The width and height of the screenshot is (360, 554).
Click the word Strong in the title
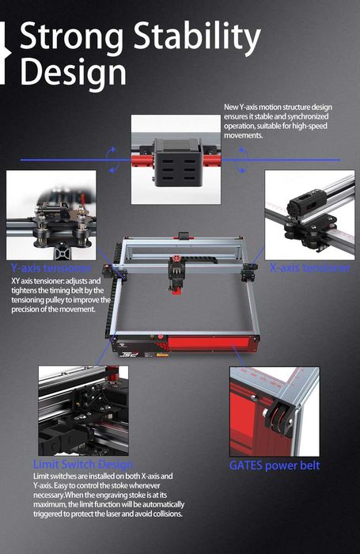(72, 37)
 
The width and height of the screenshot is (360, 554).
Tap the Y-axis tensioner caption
(51, 268)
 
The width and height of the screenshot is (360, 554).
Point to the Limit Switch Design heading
(82, 465)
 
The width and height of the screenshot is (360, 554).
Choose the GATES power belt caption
(274, 465)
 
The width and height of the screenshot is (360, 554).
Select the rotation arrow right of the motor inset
(241, 159)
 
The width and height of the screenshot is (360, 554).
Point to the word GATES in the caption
(248, 465)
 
